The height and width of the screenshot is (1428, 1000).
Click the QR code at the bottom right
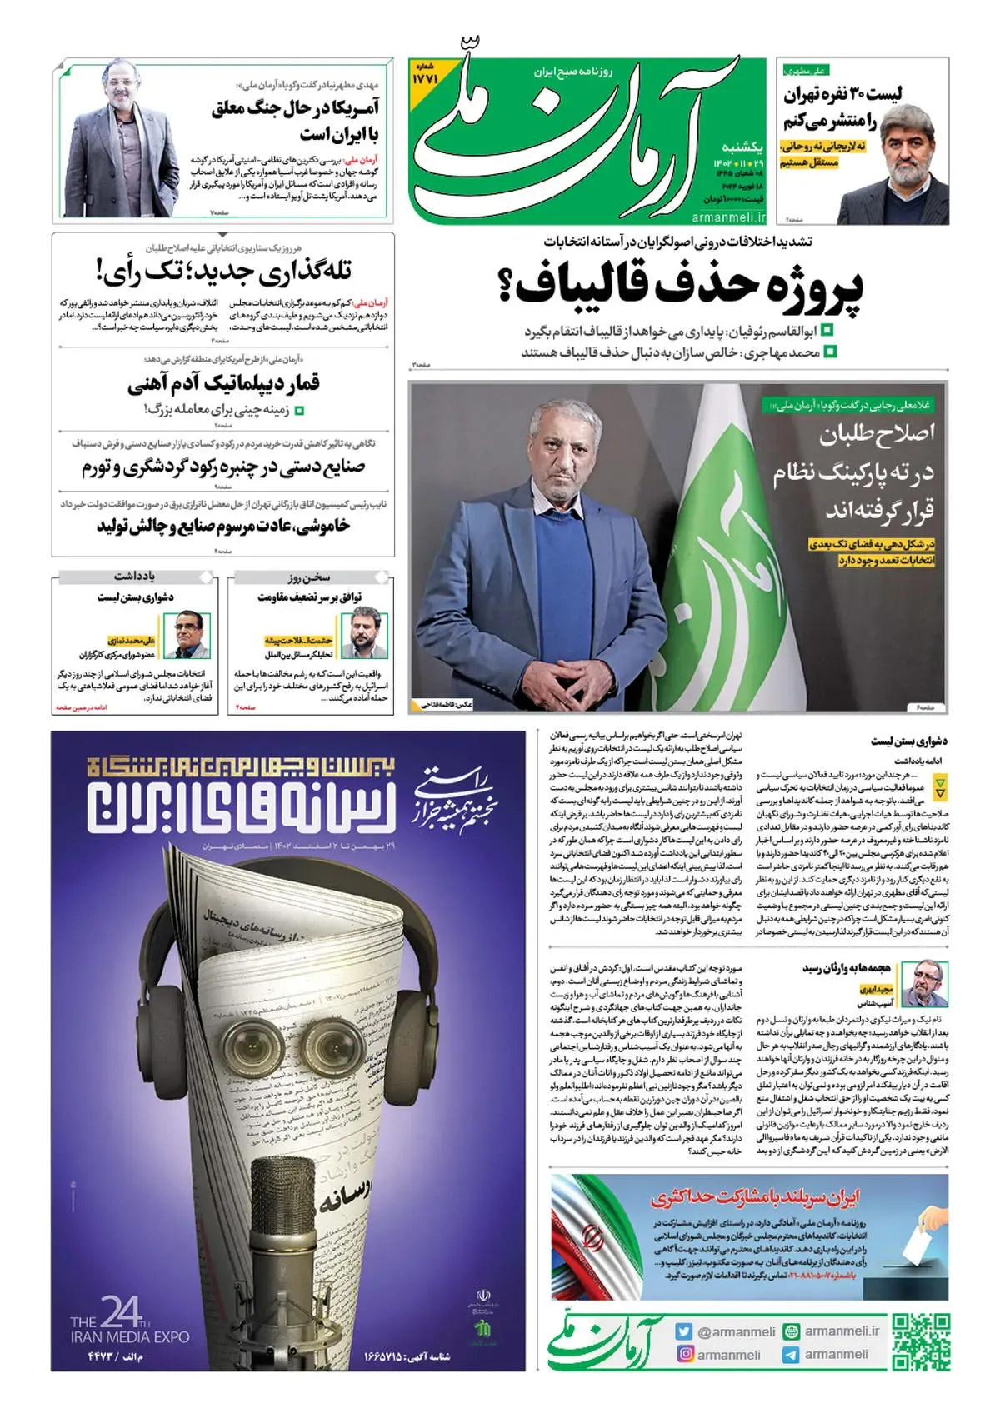click(920, 1342)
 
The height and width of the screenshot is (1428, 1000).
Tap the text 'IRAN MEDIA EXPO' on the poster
click(130, 1337)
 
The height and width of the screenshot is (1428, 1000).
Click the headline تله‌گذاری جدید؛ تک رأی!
click(223, 271)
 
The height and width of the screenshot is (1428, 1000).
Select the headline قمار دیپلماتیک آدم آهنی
click(223, 383)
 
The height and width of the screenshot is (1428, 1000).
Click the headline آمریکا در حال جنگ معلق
click(296, 108)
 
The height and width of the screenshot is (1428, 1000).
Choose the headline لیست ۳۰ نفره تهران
click(842, 94)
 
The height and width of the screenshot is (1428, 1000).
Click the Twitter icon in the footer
click(685, 1331)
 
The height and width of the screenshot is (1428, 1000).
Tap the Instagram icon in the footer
click(685, 1355)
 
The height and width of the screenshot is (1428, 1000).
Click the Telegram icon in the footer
click(790, 1355)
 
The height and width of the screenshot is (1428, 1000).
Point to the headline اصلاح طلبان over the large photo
click(877, 433)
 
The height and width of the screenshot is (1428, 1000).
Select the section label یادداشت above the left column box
click(135, 577)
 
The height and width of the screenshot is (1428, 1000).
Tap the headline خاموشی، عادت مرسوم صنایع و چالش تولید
click(223, 527)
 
